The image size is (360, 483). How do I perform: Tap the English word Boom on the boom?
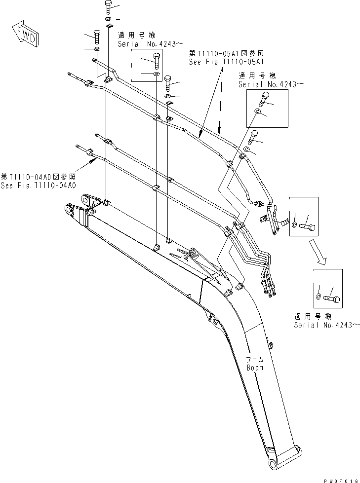255,368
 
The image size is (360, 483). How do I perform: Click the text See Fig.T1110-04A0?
38,186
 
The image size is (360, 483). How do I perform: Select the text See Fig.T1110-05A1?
228,62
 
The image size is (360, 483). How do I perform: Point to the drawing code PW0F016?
336,478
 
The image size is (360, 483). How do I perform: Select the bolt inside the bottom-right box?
332,297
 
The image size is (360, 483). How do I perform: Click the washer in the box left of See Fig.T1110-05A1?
156,74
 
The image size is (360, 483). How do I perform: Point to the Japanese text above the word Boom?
255,359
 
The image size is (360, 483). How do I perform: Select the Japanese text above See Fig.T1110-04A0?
38,177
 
